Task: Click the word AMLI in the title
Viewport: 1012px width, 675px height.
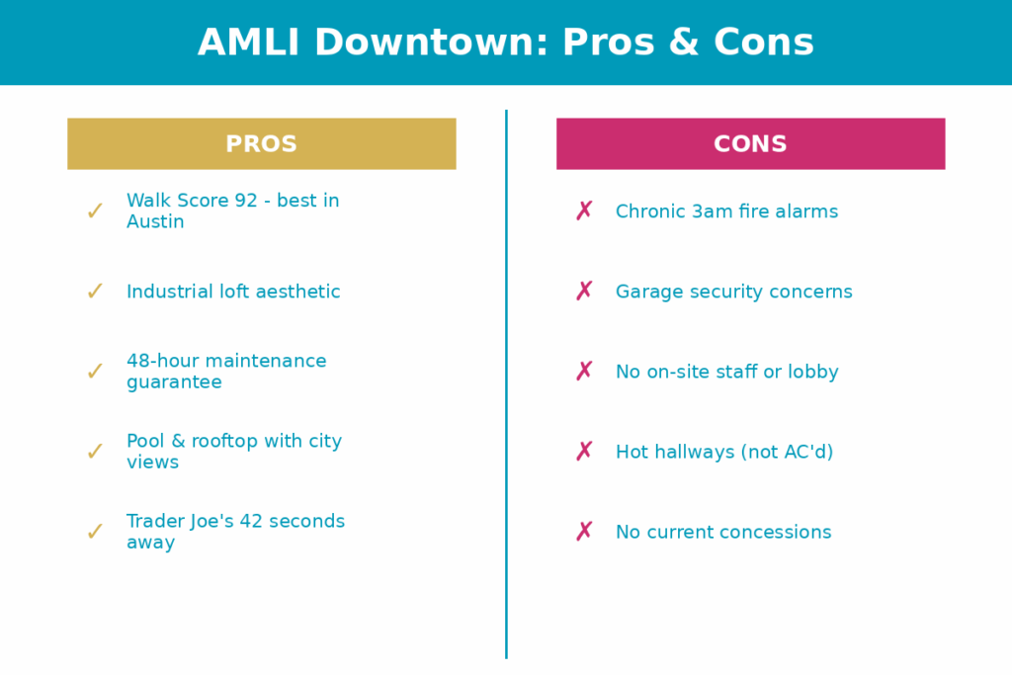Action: coord(249,42)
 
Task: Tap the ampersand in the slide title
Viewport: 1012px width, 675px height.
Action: coord(684,42)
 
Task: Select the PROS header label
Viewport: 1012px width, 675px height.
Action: coord(261,144)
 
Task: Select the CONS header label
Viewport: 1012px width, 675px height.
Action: coord(751,144)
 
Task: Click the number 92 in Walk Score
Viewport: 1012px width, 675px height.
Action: coord(246,201)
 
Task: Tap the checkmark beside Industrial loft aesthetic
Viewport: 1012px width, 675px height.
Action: coord(95,291)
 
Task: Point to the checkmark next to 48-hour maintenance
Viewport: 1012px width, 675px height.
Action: coord(95,371)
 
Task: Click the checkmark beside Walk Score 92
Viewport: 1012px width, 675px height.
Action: coord(95,211)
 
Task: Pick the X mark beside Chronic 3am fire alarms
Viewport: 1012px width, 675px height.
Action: coord(584,211)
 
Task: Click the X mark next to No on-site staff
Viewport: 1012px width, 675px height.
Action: coord(584,371)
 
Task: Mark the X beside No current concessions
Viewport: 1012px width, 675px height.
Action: coord(584,531)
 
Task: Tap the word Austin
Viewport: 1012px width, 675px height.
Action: coord(155,222)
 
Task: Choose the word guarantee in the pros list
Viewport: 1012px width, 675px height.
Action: coord(174,382)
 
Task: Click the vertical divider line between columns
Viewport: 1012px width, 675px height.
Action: coord(507,384)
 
